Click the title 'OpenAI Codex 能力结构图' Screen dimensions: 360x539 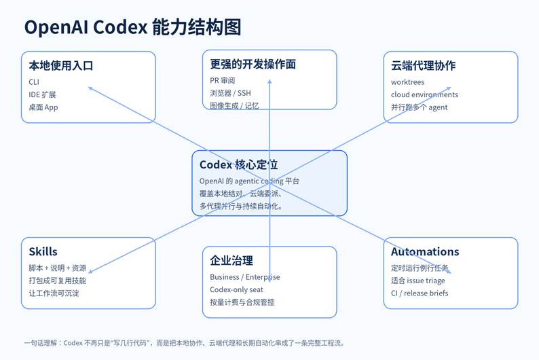[132, 27]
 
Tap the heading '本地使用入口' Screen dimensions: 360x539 [60, 66]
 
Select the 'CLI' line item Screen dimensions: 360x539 [34, 82]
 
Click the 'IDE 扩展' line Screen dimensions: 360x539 [43, 94]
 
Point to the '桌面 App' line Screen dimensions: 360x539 [43, 107]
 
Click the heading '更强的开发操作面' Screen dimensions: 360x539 [253, 65]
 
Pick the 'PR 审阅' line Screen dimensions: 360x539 [223, 80]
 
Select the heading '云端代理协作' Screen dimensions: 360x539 [423, 66]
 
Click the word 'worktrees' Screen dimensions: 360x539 [407, 82]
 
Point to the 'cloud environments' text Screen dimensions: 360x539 [424, 94]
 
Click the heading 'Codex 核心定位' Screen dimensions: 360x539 [238, 164]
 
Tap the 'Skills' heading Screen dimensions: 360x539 [43, 251]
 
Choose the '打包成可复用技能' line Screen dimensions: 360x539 [57, 281]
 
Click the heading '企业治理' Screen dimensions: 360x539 [231, 260]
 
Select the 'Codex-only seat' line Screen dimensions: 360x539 [236, 289]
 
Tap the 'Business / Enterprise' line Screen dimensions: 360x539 [245, 277]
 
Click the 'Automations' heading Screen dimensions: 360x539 [425, 251]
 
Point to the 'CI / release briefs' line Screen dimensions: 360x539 [420, 293]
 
